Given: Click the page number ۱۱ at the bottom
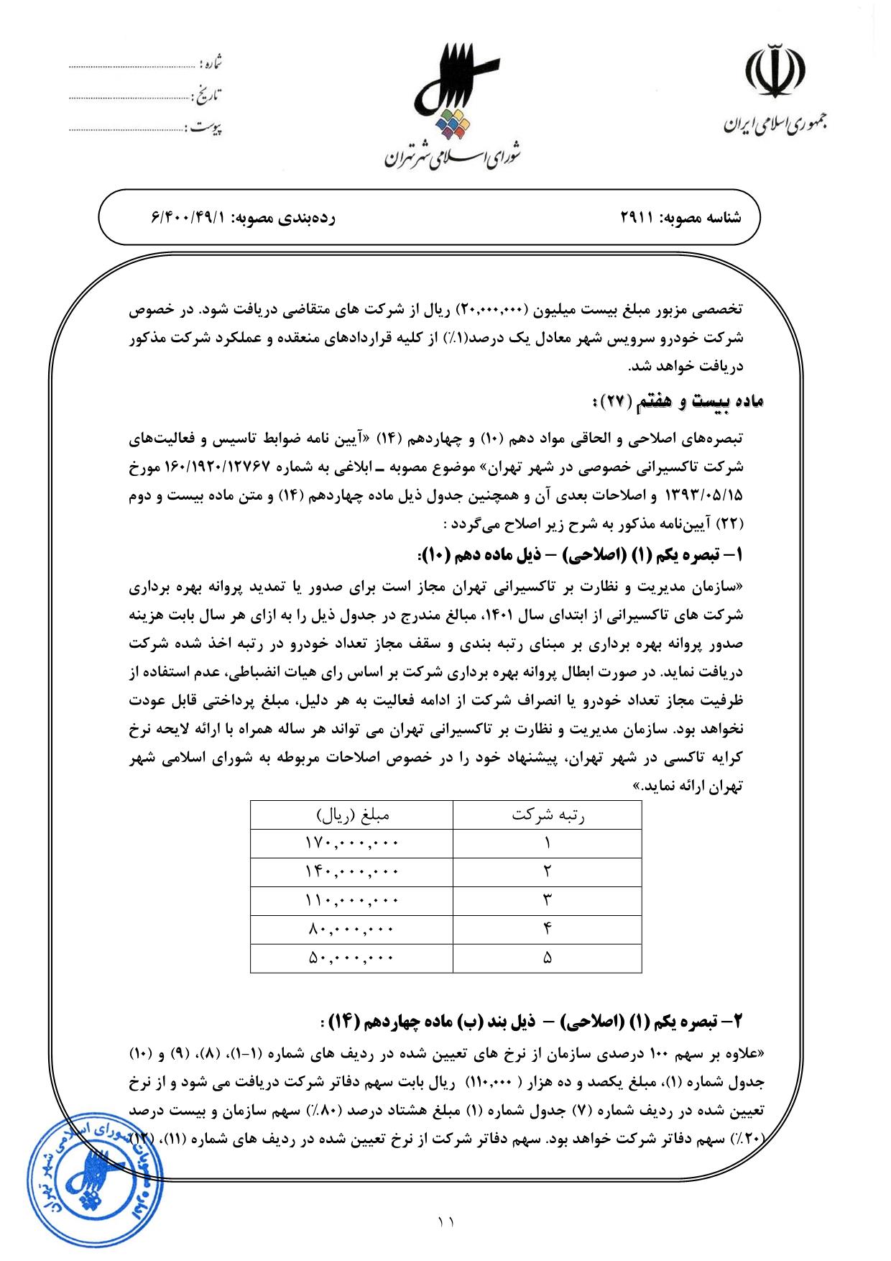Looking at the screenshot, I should (x=445, y=1221).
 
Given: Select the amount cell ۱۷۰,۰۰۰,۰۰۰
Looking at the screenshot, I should (x=351, y=842).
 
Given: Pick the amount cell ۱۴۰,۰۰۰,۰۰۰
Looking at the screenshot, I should (x=351, y=871).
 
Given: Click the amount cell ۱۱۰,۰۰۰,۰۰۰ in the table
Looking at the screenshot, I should (x=351, y=900).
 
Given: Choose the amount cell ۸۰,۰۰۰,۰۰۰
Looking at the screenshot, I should (x=351, y=929).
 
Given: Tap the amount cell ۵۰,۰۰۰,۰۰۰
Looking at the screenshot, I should (x=351, y=958).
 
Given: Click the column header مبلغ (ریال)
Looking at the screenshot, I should (x=352, y=815).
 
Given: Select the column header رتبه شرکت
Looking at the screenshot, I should (x=547, y=815).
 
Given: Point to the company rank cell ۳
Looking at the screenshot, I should (x=547, y=900).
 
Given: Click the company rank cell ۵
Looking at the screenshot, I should (x=547, y=958).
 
